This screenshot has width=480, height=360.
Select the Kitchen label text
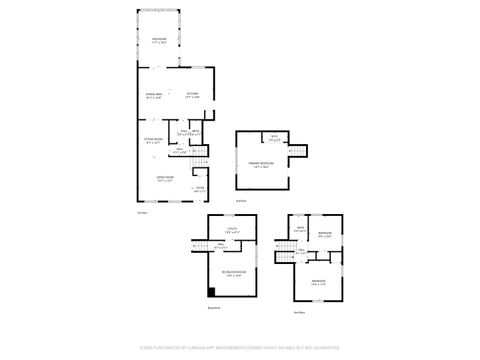[193, 95]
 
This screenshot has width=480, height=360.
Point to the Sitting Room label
[152, 140]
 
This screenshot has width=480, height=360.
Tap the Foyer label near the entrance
[200, 188]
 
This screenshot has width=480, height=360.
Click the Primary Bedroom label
[260, 165]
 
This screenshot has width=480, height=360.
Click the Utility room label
[231, 231]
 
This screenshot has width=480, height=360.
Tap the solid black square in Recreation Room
[212, 291]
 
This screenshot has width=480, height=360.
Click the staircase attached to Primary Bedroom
[297, 151]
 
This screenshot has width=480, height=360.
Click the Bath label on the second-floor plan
[300, 230]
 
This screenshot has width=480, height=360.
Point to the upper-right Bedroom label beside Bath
[325, 235]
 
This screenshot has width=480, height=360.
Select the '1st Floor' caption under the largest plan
[141, 211]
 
